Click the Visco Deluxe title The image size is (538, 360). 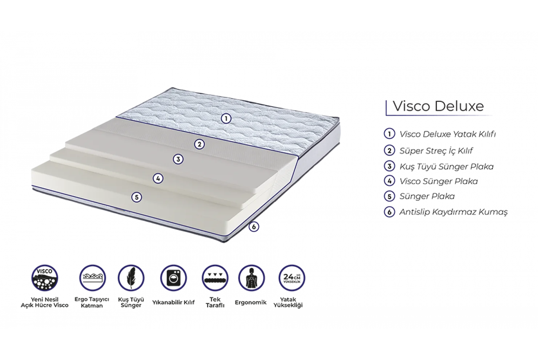[438, 106]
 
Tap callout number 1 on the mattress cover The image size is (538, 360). [226, 119]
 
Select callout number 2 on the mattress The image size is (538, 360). [199, 144]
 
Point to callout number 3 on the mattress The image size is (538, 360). [178, 159]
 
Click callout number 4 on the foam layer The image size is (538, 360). [158, 178]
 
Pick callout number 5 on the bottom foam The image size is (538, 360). [137, 197]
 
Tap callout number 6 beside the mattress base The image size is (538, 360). [254, 227]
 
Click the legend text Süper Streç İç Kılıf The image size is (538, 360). [436, 151]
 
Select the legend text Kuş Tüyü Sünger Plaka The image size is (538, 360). [446, 167]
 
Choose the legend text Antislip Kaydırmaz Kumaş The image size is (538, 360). [453, 212]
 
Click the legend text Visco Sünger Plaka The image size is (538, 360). [438, 181]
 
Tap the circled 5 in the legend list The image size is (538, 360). [389, 196]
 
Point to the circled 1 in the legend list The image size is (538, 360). [389, 134]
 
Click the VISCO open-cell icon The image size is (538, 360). [45, 278]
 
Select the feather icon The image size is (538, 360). [131, 278]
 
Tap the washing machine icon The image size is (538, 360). [173, 278]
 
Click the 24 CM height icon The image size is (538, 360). [292, 278]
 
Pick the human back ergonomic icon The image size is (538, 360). [252, 278]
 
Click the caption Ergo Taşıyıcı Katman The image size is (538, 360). [92, 302]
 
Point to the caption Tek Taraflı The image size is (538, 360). [215, 302]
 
